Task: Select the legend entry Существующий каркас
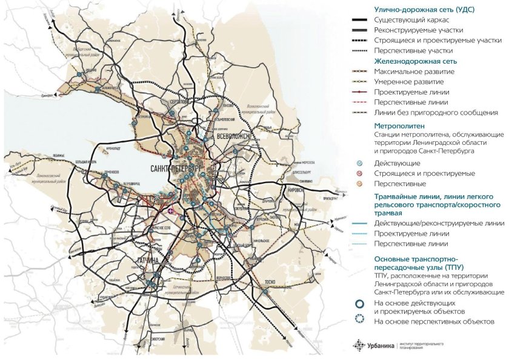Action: click(406, 20)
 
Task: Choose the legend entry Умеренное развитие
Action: click(409, 82)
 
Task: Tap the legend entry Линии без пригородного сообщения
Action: click(436, 113)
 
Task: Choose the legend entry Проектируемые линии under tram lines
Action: click(412, 233)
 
